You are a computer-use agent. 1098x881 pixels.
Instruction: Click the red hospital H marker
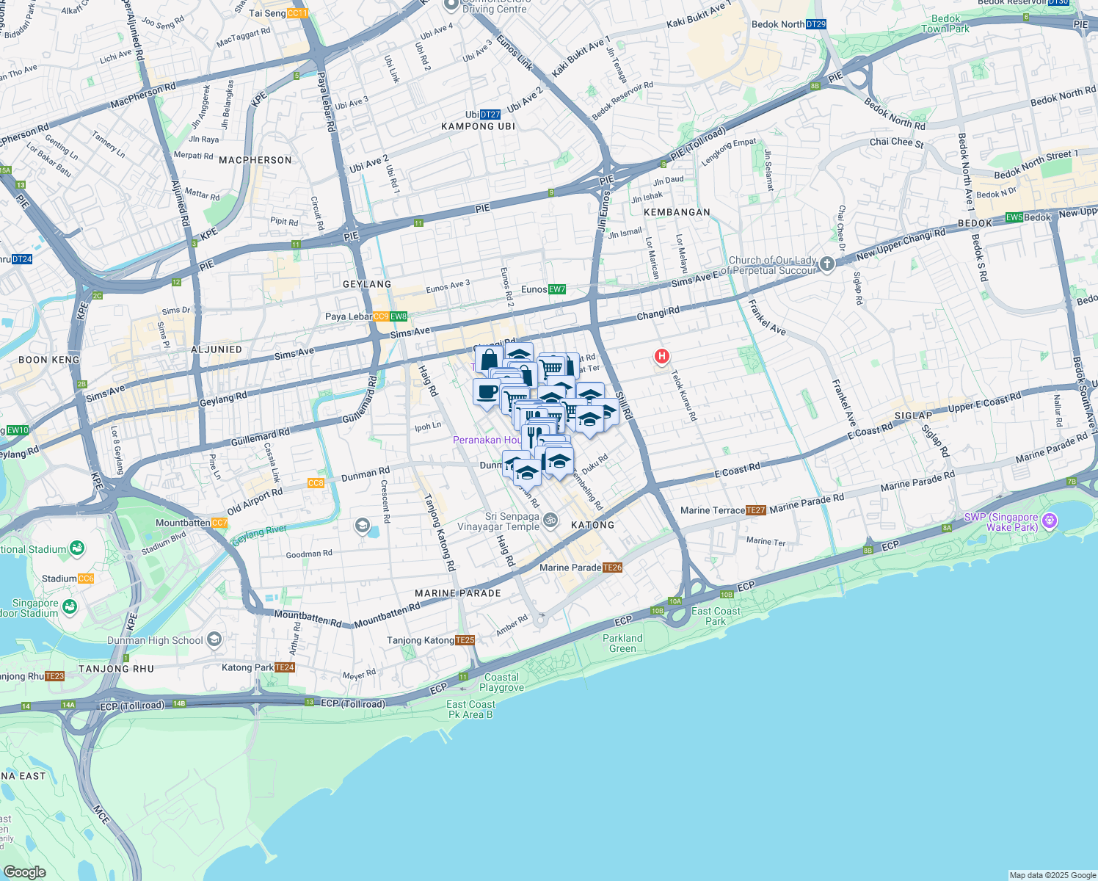[x=662, y=357]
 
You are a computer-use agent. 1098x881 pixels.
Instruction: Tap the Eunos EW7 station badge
[x=557, y=289]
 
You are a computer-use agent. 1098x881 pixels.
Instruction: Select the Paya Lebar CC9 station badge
[x=380, y=317]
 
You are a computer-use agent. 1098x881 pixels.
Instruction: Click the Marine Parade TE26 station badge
[x=612, y=568]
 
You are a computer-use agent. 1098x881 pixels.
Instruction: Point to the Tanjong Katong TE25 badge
[x=465, y=640]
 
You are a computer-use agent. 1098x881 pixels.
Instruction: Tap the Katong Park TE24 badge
[x=284, y=667]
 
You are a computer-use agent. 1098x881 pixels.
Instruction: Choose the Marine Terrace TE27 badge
[x=755, y=510]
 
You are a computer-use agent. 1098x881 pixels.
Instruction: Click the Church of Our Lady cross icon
[x=827, y=264]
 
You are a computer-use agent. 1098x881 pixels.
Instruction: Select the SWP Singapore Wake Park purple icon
[x=1050, y=521]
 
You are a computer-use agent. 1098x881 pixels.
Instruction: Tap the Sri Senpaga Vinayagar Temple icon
[x=550, y=521]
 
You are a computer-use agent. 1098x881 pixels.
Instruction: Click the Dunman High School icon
[x=214, y=639]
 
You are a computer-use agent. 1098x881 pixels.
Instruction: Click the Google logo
[x=24, y=871]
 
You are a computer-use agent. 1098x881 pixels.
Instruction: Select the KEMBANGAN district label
[x=677, y=212]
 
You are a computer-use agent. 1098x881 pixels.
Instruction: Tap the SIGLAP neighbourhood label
[x=913, y=416]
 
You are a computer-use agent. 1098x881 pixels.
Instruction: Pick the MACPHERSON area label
[x=255, y=160]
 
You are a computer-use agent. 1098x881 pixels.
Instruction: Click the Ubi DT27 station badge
[x=490, y=115]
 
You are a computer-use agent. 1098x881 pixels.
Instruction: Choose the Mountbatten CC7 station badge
[x=219, y=523]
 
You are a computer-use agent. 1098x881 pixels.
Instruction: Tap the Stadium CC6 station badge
[x=86, y=579]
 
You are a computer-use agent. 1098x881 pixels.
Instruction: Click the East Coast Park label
[x=716, y=616]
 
